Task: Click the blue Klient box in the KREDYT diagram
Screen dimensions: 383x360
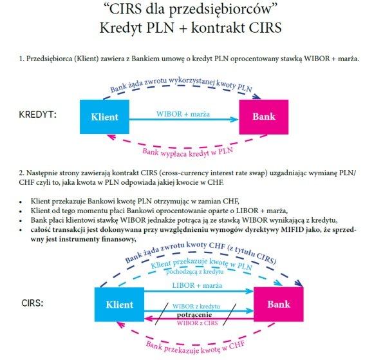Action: pyautogui.click(x=104, y=117)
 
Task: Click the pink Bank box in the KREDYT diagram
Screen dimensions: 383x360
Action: pyautogui.click(x=264, y=117)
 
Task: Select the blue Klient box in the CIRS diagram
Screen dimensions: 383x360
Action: pyautogui.click(x=120, y=304)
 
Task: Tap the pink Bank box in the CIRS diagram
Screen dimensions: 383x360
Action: pyautogui.click(x=279, y=304)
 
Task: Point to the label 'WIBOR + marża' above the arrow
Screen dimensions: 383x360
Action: pyautogui.click(x=183, y=114)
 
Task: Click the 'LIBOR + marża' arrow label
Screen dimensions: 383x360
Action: pyautogui.click(x=197, y=285)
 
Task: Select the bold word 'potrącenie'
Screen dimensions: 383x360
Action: pyautogui.click(x=194, y=314)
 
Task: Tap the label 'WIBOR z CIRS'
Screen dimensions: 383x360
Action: pyautogui.click(x=197, y=323)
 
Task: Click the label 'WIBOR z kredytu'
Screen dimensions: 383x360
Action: pyautogui.click(x=196, y=307)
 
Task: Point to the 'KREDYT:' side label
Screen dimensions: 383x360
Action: pyautogui.click(x=37, y=115)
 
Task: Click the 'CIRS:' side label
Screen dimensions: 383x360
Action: pyautogui.click(x=32, y=303)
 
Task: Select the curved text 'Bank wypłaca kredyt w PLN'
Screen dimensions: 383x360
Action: pyautogui.click(x=187, y=153)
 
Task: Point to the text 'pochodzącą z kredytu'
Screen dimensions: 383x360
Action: pyautogui.click(x=195, y=272)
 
